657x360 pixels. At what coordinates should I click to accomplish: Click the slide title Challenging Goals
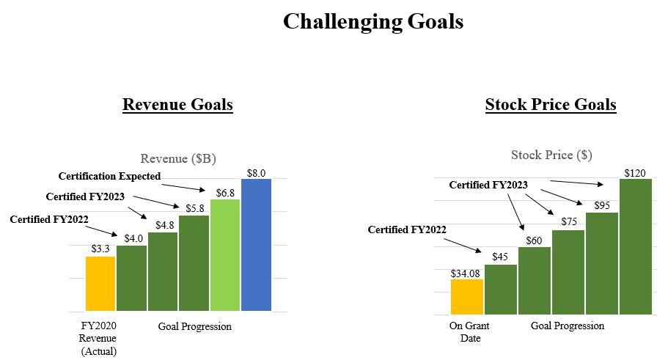point(372,21)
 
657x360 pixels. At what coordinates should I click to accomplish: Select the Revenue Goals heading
point(177,105)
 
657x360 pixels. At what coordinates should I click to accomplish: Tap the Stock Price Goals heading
point(550,105)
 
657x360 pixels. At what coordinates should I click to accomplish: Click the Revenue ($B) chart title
point(178,158)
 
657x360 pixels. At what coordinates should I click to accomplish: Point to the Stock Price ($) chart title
point(551,155)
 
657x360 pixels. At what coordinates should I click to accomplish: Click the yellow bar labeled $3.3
point(100,284)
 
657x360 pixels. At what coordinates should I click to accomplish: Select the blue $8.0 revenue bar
point(256,245)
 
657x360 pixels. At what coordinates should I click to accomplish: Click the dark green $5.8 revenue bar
point(194,263)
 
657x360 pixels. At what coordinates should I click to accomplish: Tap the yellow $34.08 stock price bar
point(466,296)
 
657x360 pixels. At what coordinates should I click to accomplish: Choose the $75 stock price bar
point(568,272)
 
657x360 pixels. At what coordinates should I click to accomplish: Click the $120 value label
point(635,173)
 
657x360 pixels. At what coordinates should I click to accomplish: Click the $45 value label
point(501,257)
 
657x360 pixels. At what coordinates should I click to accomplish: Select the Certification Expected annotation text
point(109,176)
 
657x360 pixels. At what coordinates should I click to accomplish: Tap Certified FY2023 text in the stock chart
point(488,185)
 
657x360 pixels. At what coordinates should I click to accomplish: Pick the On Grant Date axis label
point(469,332)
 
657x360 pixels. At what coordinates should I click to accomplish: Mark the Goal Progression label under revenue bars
point(194,326)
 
